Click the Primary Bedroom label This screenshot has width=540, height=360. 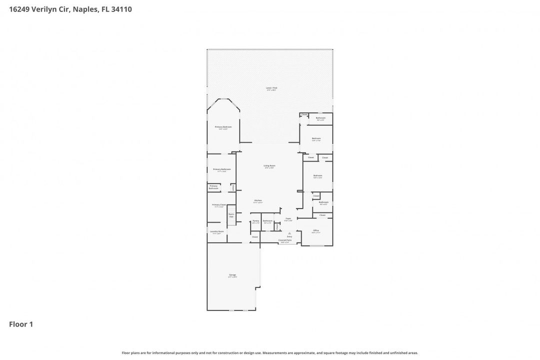(x=223, y=127)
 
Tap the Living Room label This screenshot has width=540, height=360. (x=270, y=166)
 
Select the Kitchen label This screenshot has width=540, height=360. (x=258, y=201)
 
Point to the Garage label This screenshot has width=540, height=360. (x=232, y=275)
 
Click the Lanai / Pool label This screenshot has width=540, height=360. (x=271, y=88)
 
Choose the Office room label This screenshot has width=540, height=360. (x=316, y=231)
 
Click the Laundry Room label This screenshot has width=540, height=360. (x=217, y=232)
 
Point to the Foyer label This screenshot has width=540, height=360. (x=288, y=219)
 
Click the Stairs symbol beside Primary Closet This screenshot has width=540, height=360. (x=231, y=215)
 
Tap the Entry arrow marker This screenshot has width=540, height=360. (x=289, y=233)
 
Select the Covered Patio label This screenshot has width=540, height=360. (x=285, y=240)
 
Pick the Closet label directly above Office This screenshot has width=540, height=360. (x=322, y=215)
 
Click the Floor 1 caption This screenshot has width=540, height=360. (x=21, y=324)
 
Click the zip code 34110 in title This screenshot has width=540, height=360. (x=121, y=9)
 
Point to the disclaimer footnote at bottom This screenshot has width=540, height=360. (x=270, y=352)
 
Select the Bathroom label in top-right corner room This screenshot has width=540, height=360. (x=320, y=118)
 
